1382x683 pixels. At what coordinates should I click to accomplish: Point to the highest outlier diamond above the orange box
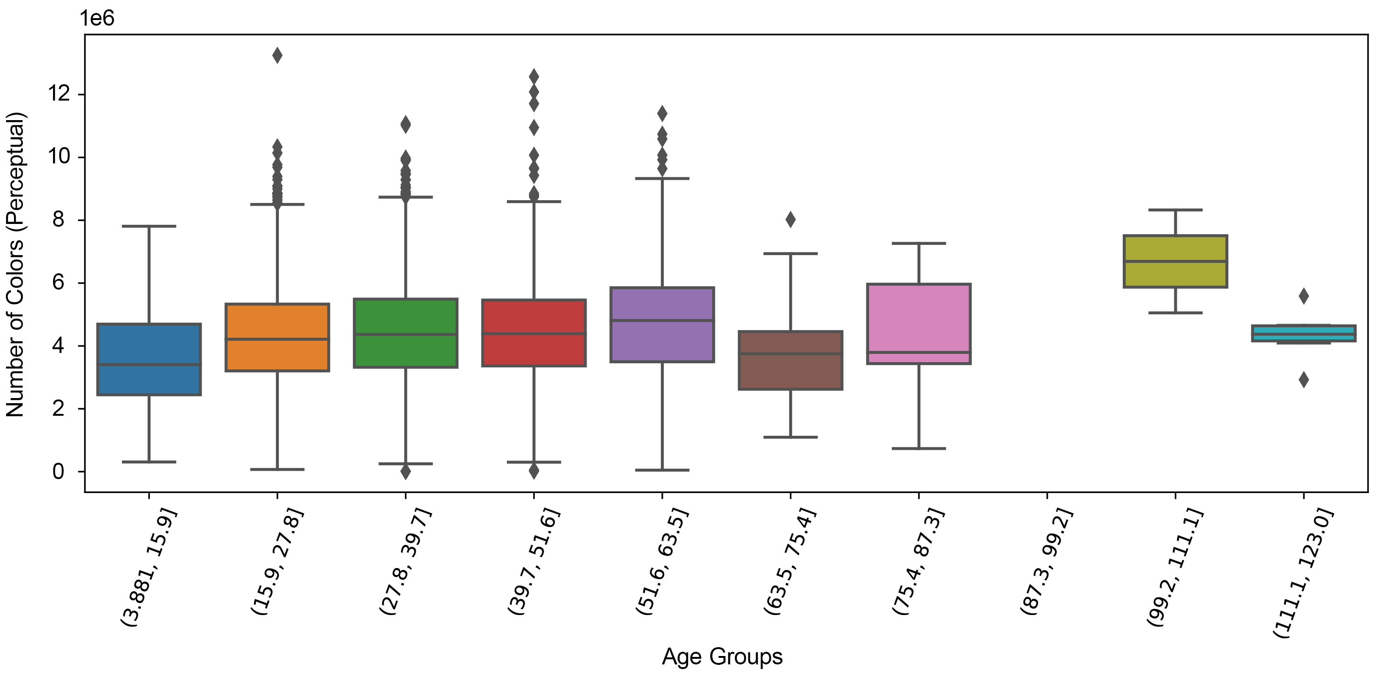277,55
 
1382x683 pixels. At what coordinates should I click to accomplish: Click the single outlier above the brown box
790,219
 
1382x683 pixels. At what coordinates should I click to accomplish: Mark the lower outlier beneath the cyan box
1304,380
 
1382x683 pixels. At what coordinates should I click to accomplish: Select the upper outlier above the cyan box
1304,296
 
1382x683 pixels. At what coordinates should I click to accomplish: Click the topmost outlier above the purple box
662,113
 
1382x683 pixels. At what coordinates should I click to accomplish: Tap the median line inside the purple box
662,320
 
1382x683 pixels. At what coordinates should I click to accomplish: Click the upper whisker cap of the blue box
149,226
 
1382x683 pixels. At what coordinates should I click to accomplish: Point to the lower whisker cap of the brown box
790,437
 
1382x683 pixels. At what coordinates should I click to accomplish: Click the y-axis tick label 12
59,95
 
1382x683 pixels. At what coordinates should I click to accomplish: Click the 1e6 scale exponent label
97,18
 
